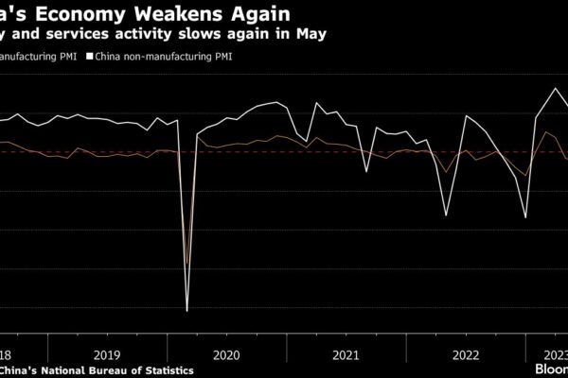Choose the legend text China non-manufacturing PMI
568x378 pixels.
click(162, 57)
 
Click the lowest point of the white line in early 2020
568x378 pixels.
click(186, 310)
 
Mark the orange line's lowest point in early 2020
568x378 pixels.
click(186, 266)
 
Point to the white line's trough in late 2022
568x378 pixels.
click(526, 218)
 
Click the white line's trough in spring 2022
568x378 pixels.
click(447, 215)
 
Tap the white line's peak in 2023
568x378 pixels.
click(555, 89)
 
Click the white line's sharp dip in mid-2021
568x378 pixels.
click(367, 171)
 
